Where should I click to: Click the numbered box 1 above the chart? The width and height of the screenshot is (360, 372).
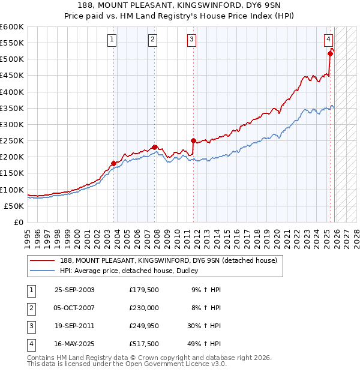pyautogui.click(x=112, y=40)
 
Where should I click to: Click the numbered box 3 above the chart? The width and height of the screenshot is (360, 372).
pyautogui.click(x=191, y=40)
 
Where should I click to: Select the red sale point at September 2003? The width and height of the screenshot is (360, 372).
pyautogui.click(x=113, y=163)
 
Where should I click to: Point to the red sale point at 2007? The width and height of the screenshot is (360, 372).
pyautogui.click(x=154, y=147)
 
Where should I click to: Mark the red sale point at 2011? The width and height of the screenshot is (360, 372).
pyautogui.click(x=193, y=140)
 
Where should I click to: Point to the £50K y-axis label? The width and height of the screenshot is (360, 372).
pyautogui.click(x=14, y=206)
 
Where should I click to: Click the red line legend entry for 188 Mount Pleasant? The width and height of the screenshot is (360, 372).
pyautogui.click(x=168, y=261)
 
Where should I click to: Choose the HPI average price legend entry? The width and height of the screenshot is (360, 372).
pyautogui.click(x=133, y=271)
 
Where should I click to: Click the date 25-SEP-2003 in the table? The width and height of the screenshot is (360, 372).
pyautogui.click(x=74, y=290)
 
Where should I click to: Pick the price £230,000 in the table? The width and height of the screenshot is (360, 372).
pyautogui.click(x=144, y=308)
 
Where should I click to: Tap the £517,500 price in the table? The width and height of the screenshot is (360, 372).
pyautogui.click(x=144, y=344)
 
